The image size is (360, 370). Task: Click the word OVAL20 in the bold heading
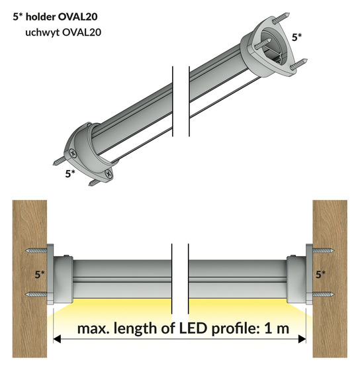click(x=77, y=17)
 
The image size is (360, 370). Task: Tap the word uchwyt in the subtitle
click(x=42, y=32)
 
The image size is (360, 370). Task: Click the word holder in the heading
click(x=40, y=17)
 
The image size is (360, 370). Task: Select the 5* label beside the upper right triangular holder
click(x=296, y=37)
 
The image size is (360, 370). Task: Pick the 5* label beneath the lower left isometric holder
click(x=70, y=173)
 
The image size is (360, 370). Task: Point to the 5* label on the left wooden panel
click(x=40, y=274)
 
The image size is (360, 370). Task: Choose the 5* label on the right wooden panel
click(x=320, y=274)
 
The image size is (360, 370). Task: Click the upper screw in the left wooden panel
click(x=36, y=251)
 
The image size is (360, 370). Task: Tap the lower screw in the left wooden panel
click(x=36, y=295)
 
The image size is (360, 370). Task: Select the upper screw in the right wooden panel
click(x=323, y=251)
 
